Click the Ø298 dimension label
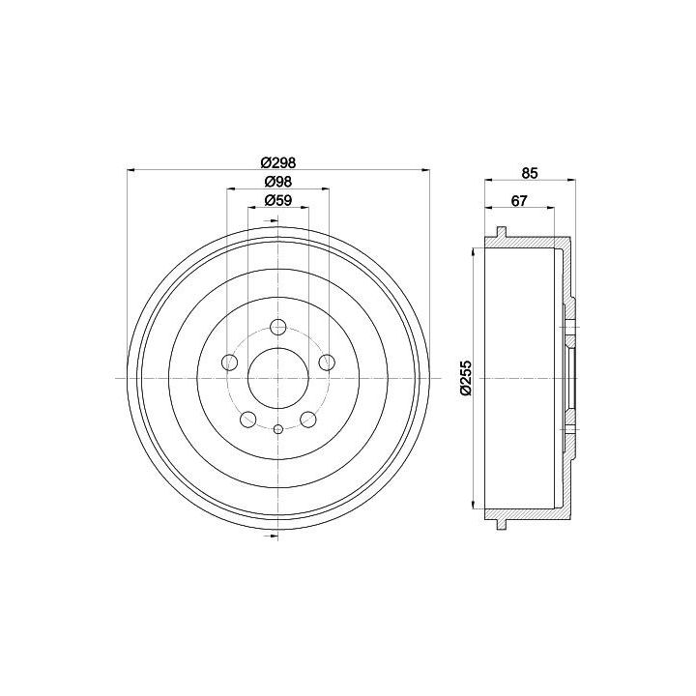tap(277, 162)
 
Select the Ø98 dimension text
tap(277, 182)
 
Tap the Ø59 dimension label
tap(277, 201)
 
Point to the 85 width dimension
tap(530, 173)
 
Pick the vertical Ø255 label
tap(466, 378)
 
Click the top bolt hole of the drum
tap(278, 327)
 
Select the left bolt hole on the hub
tap(229, 362)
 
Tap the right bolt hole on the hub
tap(327, 362)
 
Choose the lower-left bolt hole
tap(248, 419)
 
